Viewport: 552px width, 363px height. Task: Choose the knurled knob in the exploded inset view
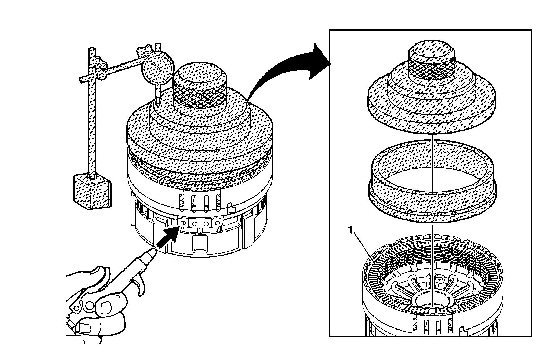pos(431,63)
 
